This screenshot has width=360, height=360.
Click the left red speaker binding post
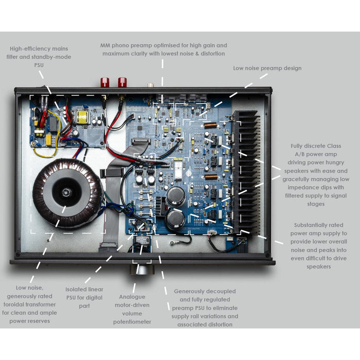[105, 82]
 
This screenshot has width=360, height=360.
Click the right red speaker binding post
[122, 82]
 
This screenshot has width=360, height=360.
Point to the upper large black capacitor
[175, 195]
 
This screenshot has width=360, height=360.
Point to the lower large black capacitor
[175, 220]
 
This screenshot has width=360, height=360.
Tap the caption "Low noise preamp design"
[267, 68]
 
